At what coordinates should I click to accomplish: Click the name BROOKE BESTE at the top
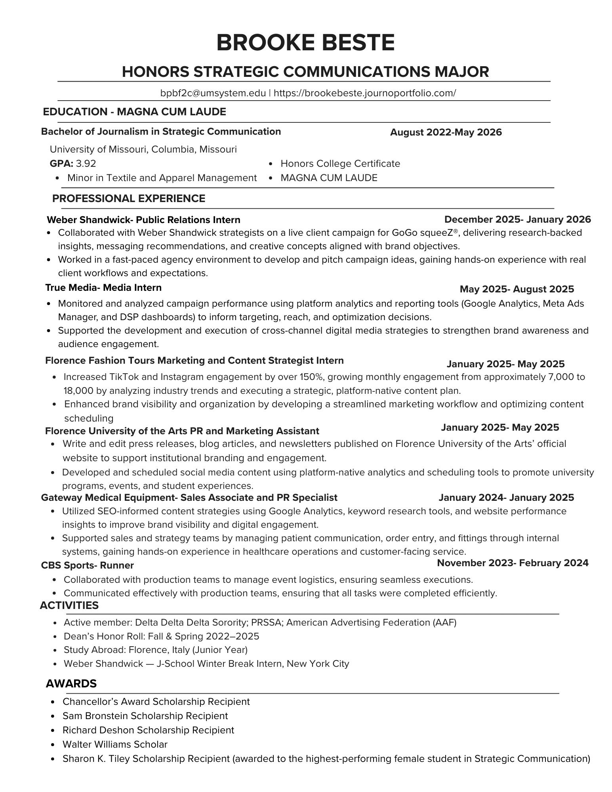[x=305, y=43]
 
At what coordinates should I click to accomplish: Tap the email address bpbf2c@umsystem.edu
[x=213, y=93]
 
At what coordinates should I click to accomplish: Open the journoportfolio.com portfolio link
[x=365, y=93]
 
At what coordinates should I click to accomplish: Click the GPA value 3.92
[x=86, y=164]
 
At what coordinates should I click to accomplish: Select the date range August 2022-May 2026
[x=446, y=132]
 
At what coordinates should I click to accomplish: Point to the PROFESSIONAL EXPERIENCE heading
[x=129, y=198]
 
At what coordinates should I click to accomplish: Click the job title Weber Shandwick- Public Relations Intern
[x=143, y=220]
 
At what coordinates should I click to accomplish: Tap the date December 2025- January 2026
[x=517, y=219]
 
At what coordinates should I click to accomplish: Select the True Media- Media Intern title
[x=103, y=288]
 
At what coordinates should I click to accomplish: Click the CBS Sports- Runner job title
[x=87, y=565]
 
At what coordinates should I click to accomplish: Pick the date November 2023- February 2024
[x=513, y=563]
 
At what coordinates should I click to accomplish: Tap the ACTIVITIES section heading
[x=69, y=605]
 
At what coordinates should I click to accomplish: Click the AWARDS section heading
[x=71, y=683]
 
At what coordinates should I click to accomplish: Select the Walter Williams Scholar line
[x=115, y=744]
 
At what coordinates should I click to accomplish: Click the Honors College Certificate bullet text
[x=340, y=164]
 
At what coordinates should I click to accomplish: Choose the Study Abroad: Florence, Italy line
[x=155, y=650]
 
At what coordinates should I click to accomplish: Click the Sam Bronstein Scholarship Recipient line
[x=145, y=716]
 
